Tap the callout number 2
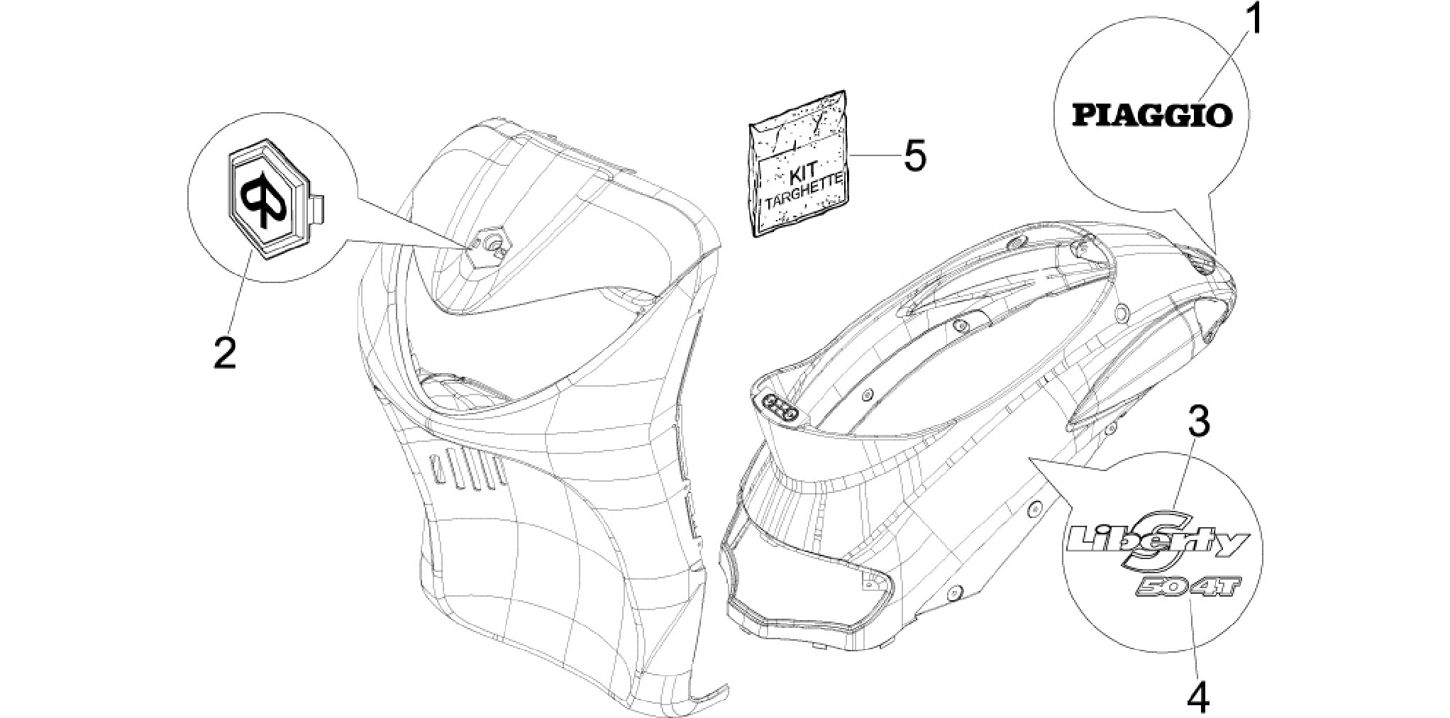(225, 352)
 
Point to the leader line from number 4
(1195, 638)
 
